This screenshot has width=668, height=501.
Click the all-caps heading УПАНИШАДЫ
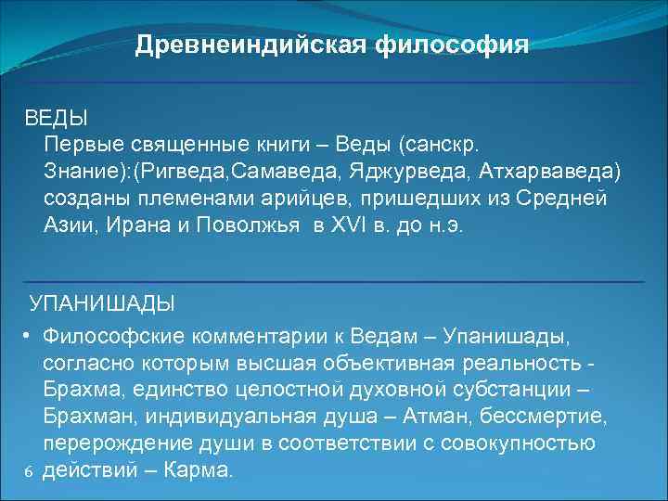click(x=102, y=303)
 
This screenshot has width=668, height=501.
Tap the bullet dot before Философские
click(x=30, y=334)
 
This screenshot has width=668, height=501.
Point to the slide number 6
click(x=29, y=471)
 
